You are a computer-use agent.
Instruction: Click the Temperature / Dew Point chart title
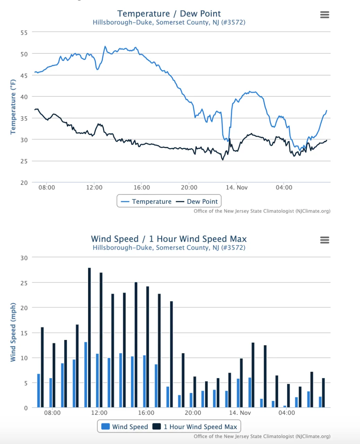point(169,14)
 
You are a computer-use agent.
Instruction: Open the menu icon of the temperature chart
point(324,15)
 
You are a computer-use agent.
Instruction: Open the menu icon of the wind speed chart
point(324,240)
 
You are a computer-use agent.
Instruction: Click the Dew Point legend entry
point(197,202)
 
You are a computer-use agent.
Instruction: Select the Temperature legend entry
point(146,202)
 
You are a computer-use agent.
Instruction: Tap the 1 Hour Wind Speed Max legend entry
point(195,427)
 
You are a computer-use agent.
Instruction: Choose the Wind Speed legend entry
point(124,427)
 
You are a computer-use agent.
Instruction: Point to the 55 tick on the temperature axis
point(24,33)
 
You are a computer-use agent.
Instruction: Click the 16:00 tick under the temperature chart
point(142,187)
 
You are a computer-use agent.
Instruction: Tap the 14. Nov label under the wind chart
point(240,413)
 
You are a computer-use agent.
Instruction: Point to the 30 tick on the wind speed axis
point(24,258)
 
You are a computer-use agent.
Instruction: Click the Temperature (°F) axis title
point(13,107)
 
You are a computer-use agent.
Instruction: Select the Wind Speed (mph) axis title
point(13,332)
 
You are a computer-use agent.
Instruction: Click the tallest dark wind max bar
point(89,338)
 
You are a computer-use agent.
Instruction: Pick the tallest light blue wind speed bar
point(86,375)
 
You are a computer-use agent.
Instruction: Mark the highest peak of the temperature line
point(105,46)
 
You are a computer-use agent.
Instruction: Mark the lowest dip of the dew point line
point(223,160)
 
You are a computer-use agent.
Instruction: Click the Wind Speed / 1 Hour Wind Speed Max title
point(169,239)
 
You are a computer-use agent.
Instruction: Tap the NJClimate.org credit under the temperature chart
point(262,211)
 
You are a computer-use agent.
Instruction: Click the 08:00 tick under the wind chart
point(52,413)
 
